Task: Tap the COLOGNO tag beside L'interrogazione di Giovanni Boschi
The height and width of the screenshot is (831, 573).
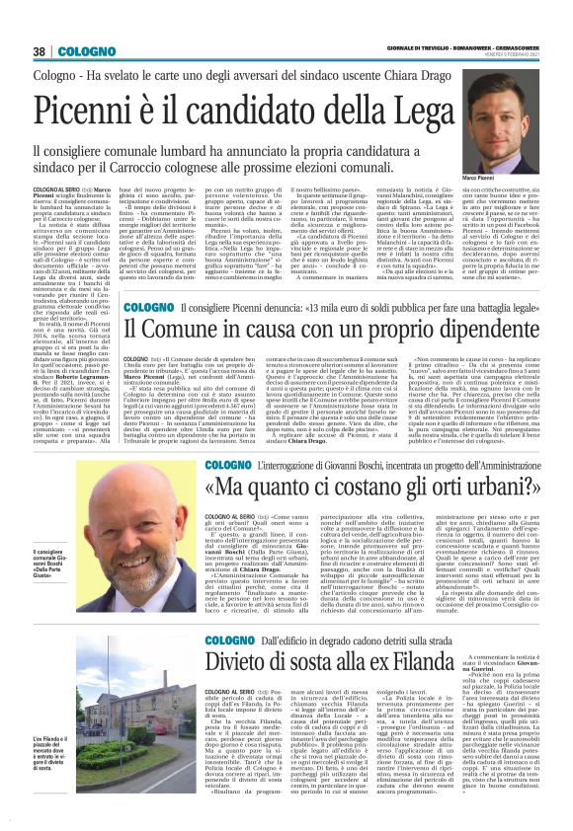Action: [229, 464]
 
